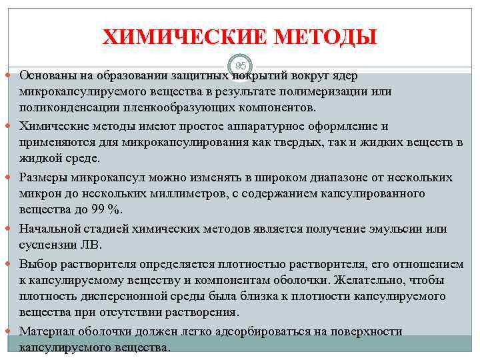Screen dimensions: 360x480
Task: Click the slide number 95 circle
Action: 241,66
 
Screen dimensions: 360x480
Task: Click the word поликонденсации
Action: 65,108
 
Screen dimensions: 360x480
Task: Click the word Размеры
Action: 41,177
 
